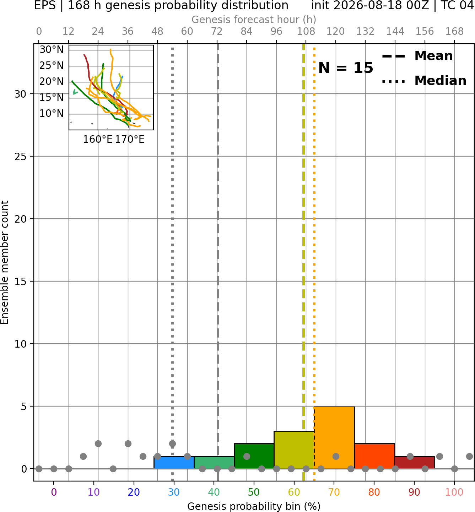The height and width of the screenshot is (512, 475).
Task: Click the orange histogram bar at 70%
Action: click(334, 437)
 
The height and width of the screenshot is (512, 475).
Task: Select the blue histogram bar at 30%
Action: click(174, 462)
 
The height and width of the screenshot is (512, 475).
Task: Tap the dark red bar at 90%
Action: click(414, 462)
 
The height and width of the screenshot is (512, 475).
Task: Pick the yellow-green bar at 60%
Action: click(294, 450)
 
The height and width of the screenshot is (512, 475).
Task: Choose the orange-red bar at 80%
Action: click(374, 456)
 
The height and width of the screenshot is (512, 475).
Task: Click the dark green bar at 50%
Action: click(254, 456)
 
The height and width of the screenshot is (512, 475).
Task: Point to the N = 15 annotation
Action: click(346, 68)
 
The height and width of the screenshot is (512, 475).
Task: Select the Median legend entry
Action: click(424, 81)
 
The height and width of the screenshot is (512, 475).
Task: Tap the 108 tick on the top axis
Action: click(306, 32)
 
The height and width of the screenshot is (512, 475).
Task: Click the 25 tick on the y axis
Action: click(20, 157)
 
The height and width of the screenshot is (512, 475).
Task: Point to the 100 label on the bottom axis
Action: click(454, 492)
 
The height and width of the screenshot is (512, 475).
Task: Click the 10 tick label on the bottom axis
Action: click(94, 492)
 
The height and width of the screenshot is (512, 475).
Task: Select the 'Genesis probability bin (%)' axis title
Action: click(254, 506)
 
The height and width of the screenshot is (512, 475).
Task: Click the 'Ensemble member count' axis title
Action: click(5, 262)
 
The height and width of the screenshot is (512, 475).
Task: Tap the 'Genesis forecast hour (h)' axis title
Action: click(254, 20)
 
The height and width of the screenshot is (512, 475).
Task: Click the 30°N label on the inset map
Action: click(52, 49)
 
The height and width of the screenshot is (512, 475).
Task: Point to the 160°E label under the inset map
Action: click(98, 140)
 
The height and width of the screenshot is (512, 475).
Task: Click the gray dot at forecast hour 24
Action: click(98, 444)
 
